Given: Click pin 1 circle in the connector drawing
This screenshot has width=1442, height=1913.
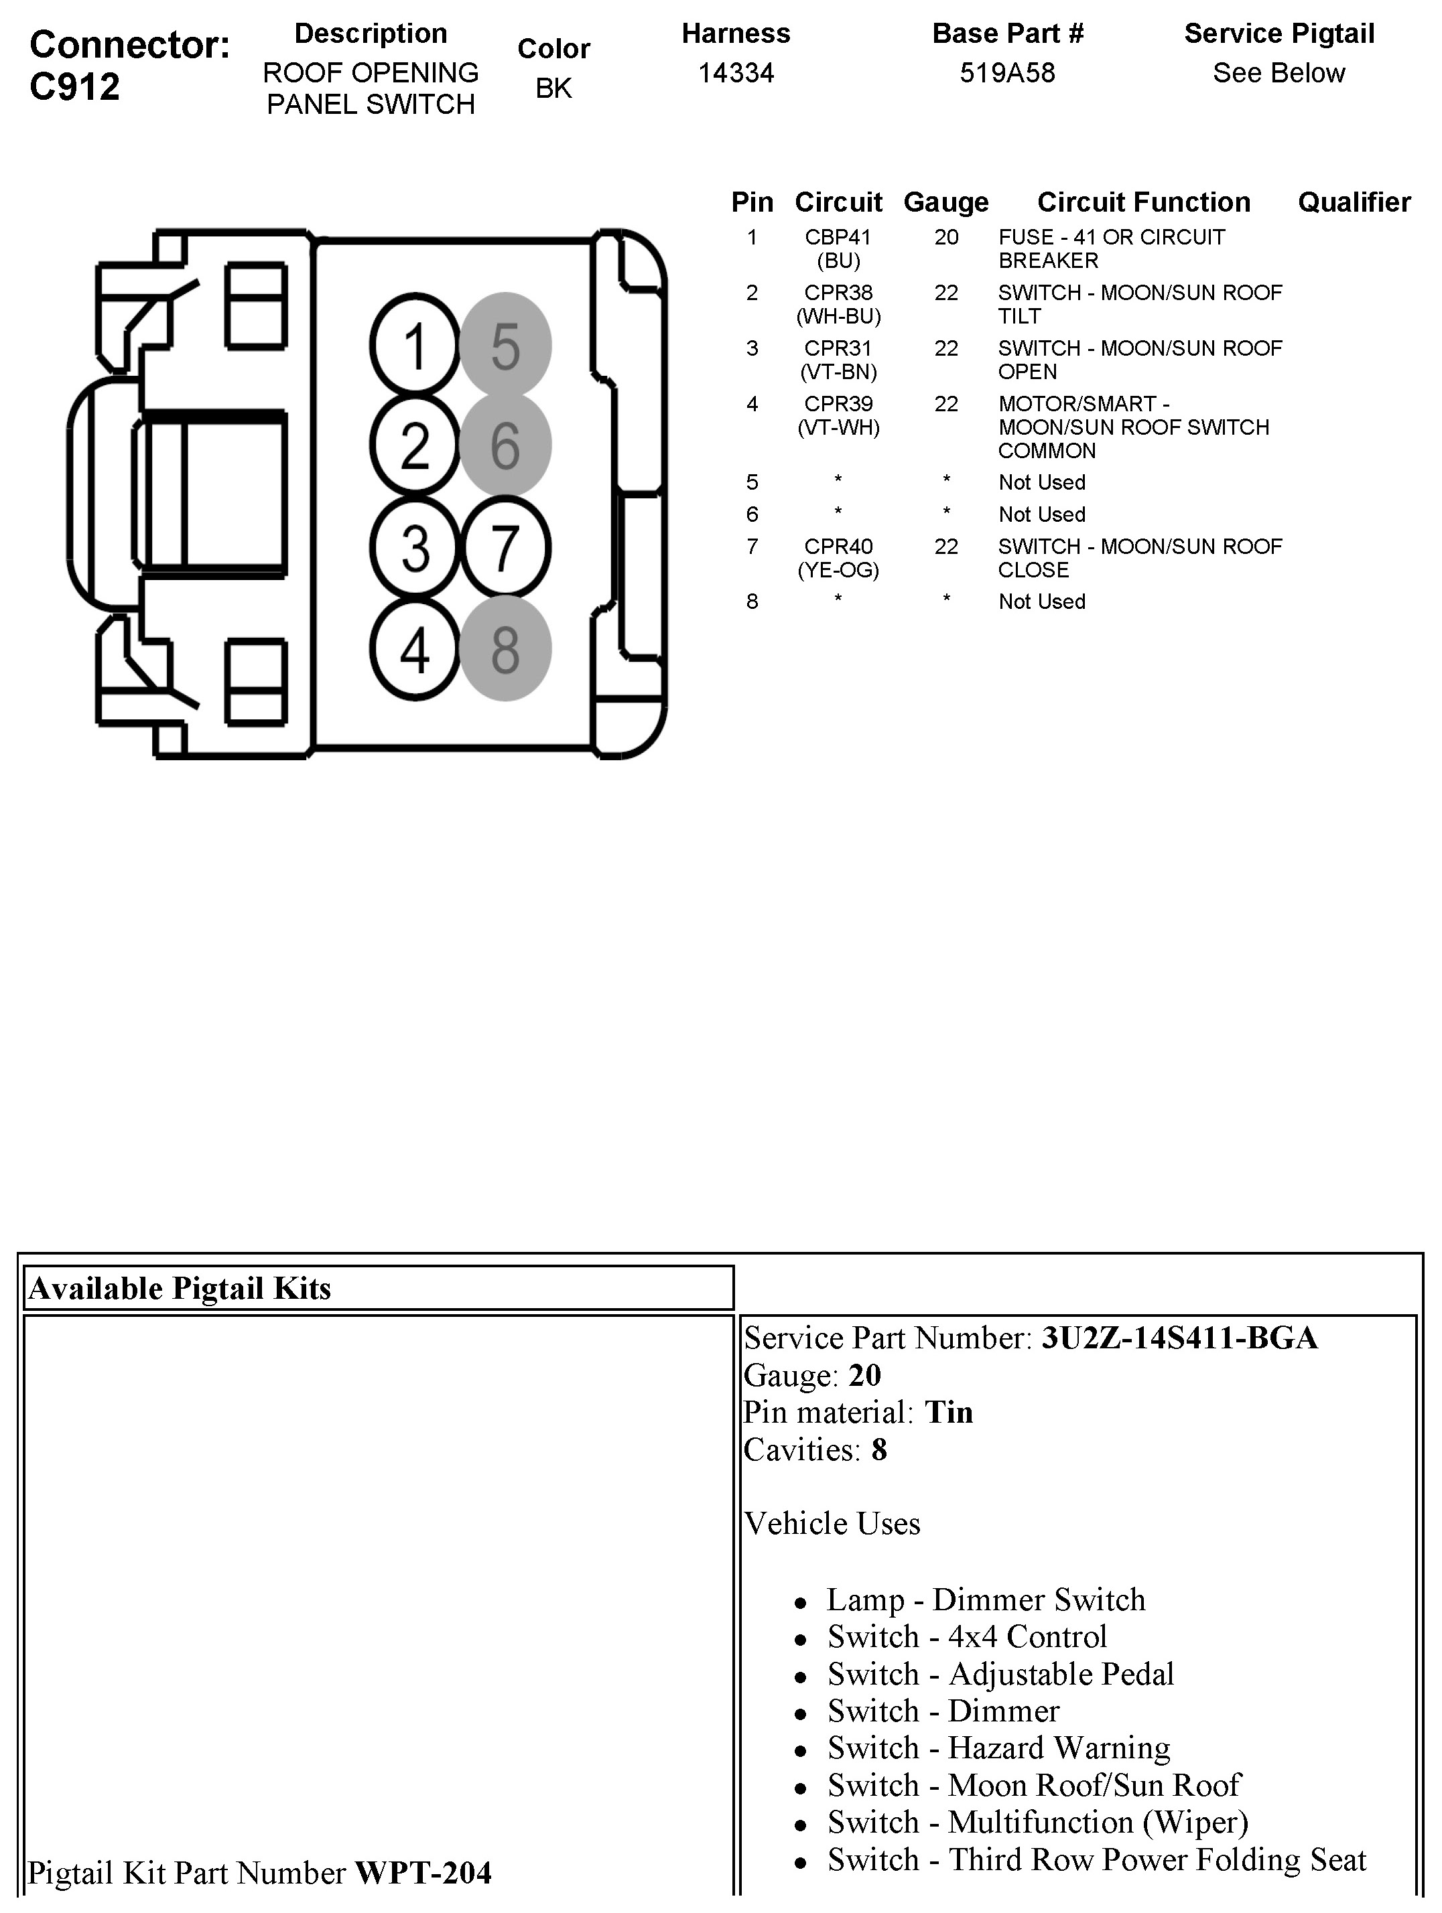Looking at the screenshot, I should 414,346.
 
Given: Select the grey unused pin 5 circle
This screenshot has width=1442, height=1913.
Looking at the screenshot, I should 505,346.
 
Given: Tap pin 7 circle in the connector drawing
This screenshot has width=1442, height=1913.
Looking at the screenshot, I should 505,547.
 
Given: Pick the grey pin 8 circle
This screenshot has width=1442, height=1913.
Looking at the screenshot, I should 505,648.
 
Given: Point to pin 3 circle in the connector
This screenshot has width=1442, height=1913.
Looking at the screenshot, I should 414,547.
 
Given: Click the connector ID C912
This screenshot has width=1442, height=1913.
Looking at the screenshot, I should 75,87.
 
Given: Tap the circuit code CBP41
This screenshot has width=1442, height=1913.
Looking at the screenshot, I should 838,237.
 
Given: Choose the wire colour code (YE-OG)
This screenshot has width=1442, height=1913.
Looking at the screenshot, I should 838,570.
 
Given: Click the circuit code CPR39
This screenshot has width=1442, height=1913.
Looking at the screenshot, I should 838,404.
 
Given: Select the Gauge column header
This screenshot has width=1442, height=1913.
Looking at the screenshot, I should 945,202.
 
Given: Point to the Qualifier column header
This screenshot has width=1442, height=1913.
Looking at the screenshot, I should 1354,202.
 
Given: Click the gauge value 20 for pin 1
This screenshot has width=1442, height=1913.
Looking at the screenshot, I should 945,237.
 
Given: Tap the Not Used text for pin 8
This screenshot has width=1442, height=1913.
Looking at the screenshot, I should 1041,602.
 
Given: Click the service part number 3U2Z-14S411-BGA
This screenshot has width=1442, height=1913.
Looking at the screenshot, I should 1179,1338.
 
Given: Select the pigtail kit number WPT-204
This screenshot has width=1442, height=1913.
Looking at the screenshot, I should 423,1872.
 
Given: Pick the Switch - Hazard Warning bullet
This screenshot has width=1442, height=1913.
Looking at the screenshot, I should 998,1748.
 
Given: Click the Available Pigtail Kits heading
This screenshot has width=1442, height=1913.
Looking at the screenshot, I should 180,1289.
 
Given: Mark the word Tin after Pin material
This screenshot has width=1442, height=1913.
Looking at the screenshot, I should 949,1412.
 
